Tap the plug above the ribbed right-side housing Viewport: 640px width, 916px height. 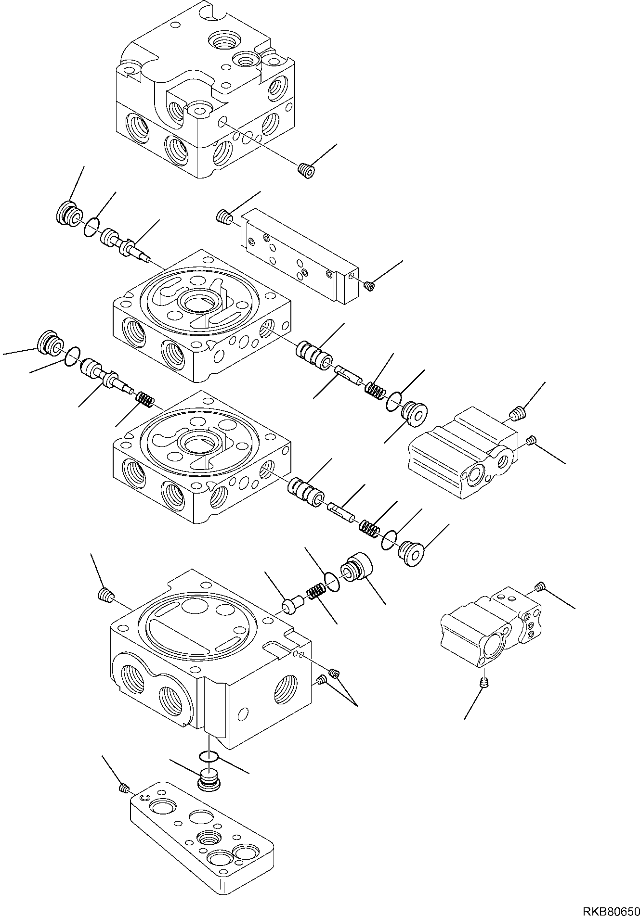(517, 413)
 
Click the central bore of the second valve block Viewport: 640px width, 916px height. (199, 304)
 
